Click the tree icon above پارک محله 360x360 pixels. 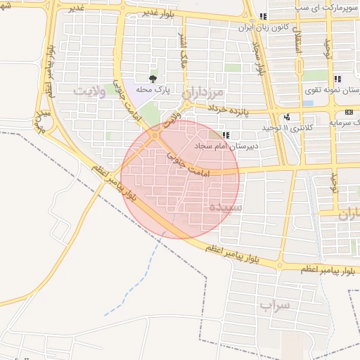[x=153, y=79]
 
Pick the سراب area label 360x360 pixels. [x=274, y=305]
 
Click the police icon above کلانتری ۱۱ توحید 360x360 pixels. [x=286, y=117]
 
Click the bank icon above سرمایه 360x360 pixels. [x=349, y=112]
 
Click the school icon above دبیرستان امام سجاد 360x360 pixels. [x=225, y=135]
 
